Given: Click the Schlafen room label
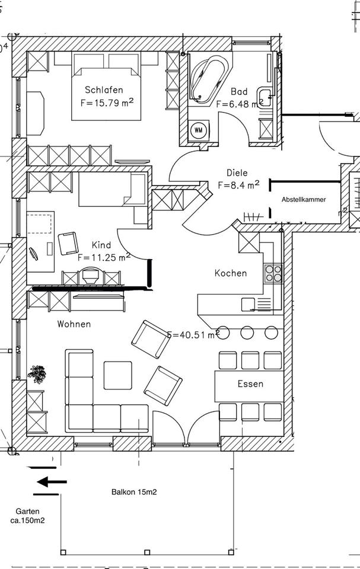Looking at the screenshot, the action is [x=104, y=90].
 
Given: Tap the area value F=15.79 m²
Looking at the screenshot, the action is [x=106, y=102].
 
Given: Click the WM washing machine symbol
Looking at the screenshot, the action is [x=198, y=129].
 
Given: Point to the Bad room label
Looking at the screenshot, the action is [x=239, y=92].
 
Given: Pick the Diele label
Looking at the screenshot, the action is [x=237, y=173].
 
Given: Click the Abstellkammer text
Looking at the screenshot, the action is [x=304, y=200].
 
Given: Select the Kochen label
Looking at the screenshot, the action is [x=230, y=273].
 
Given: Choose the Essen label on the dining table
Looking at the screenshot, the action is [x=250, y=384].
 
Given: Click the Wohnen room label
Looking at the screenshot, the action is [x=74, y=324].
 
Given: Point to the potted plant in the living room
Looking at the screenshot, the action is [x=37, y=374].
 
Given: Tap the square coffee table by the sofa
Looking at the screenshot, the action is [x=118, y=375].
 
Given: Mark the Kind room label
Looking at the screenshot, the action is [x=101, y=245].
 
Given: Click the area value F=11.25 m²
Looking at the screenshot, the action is [x=104, y=257].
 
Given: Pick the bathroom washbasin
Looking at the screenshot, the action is [x=264, y=96].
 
